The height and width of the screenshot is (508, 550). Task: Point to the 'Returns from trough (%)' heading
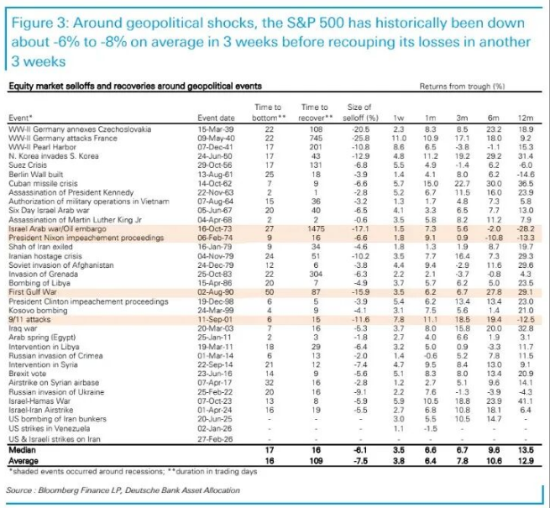pos(461,86)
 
